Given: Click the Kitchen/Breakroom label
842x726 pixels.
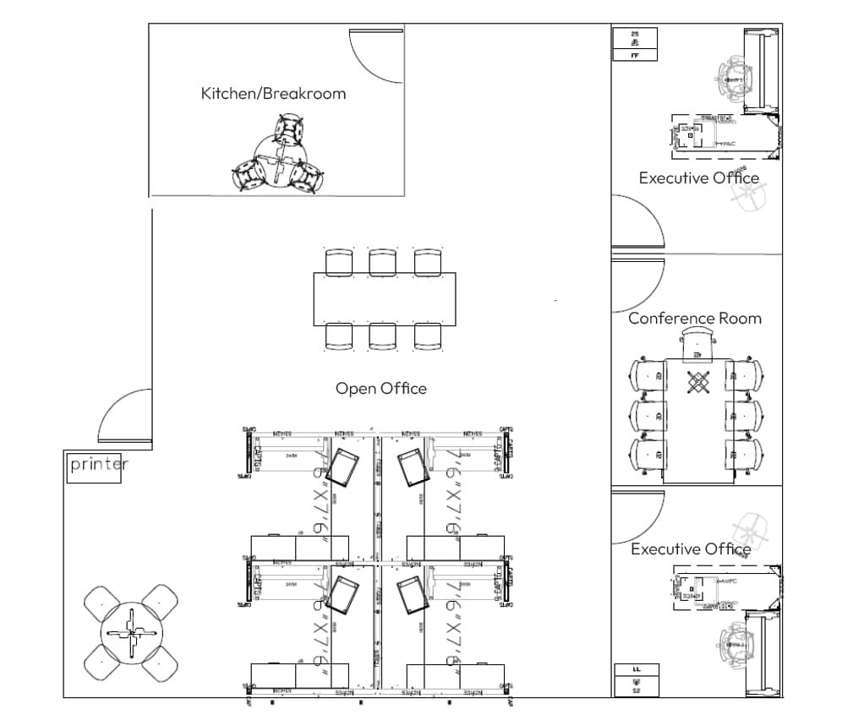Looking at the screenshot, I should point(273,93).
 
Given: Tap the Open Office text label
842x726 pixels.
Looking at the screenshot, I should point(380,389).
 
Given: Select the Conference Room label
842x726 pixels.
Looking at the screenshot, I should point(694,319).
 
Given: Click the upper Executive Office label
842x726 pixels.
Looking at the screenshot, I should point(698,178).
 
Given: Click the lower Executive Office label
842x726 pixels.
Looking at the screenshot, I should point(691,549).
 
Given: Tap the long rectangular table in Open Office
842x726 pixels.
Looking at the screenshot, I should point(385,298).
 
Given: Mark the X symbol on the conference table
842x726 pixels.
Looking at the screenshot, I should point(697,383).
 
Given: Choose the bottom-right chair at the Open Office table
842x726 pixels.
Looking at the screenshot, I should point(428,336).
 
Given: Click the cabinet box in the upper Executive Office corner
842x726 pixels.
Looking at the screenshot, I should point(634,44).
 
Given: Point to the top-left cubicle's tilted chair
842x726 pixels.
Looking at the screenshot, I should point(342,467).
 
